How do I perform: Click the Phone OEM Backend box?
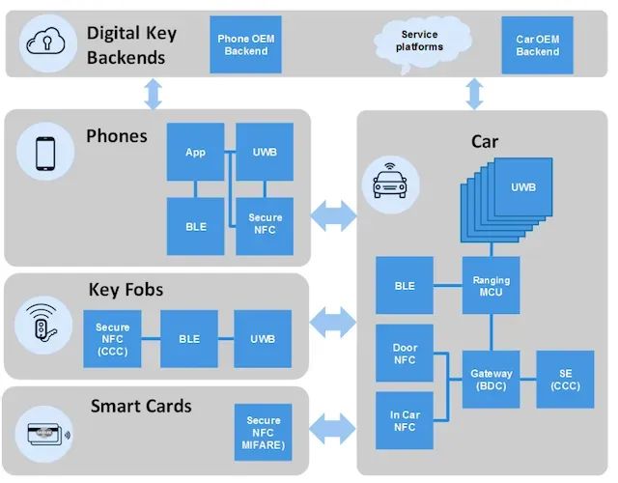pyautogui.click(x=245, y=44)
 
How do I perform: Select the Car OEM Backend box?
pyautogui.click(x=537, y=44)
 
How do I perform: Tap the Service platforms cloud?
pyautogui.click(x=421, y=41)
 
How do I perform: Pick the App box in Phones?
pyautogui.click(x=196, y=152)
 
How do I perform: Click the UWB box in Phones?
pyautogui.click(x=265, y=152)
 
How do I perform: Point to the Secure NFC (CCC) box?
pyautogui.click(x=113, y=339)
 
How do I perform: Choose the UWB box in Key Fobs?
pyautogui.click(x=263, y=339)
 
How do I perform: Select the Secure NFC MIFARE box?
pyautogui.click(x=264, y=432)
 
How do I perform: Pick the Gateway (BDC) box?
pyautogui.click(x=491, y=379)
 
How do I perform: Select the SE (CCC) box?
pyautogui.click(x=565, y=379)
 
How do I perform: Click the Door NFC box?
pyautogui.click(x=405, y=354)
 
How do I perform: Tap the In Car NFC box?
pyautogui.click(x=405, y=420)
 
